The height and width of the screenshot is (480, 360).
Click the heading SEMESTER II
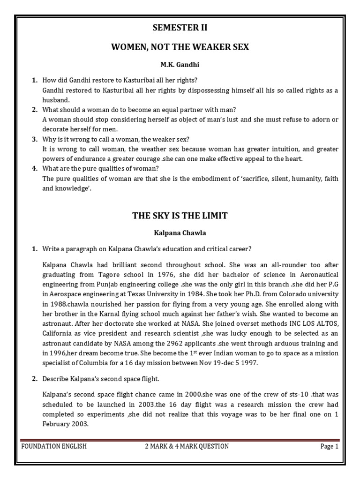click(x=180, y=28)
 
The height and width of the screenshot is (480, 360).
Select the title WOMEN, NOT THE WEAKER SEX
click(x=180, y=47)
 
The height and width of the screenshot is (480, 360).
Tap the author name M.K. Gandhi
click(x=180, y=64)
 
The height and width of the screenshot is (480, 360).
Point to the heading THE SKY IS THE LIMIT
click(x=180, y=216)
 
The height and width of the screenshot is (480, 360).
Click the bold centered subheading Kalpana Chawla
click(x=180, y=232)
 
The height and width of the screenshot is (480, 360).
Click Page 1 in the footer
click(x=329, y=446)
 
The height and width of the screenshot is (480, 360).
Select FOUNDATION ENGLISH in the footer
click(x=54, y=446)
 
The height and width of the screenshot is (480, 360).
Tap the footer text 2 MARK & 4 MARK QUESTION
click(x=187, y=446)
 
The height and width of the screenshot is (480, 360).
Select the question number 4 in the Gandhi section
click(x=34, y=168)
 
